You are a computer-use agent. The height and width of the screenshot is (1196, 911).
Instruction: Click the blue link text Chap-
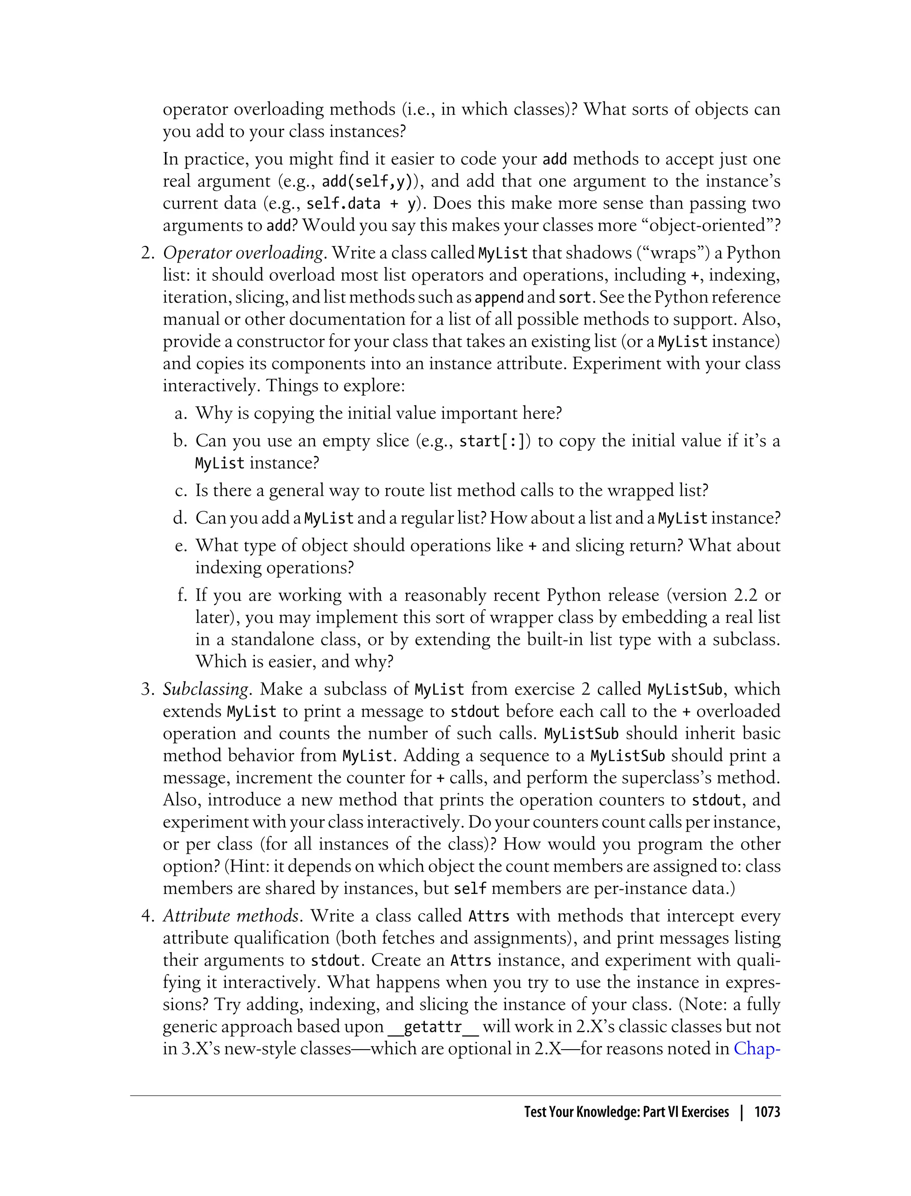tap(757, 1048)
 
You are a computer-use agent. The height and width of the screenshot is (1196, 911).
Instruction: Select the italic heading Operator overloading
tap(243, 253)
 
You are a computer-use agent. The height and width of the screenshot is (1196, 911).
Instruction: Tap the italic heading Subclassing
tap(206, 689)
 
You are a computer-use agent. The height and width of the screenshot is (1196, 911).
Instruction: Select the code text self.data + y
tap(361, 203)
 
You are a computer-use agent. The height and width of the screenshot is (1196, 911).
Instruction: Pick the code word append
tap(499, 297)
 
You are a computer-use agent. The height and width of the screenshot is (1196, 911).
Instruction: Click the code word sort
tap(574, 297)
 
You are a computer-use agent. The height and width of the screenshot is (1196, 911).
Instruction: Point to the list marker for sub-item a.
tap(181, 413)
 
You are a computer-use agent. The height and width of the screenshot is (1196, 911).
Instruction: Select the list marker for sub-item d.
tap(180, 518)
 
